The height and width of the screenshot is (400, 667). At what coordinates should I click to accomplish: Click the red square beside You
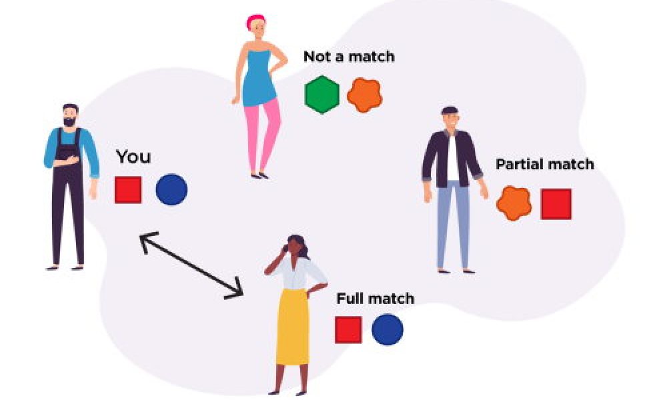click(128, 190)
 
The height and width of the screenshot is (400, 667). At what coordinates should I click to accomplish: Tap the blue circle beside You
click(171, 189)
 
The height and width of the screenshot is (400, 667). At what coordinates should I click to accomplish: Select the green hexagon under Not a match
click(322, 95)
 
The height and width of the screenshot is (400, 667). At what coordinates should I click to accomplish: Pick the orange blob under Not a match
click(365, 95)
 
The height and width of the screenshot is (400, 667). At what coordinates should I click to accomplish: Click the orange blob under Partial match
click(514, 203)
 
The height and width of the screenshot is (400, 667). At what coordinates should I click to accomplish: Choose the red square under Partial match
click(556, 204)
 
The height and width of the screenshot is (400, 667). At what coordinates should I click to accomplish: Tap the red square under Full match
click(348, 330)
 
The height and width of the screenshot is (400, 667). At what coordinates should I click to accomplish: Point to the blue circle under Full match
click(388, 329)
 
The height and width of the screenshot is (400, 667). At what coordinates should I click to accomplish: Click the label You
click(133, 157)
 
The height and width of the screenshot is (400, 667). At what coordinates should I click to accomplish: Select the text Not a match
click(349, 57)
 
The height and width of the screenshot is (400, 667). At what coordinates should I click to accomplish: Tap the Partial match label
click(545, 164)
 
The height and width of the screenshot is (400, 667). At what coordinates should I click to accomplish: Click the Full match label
click(375, 299)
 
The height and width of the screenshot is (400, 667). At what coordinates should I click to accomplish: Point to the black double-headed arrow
click(191, 265)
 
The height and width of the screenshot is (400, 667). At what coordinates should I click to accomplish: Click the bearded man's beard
click(70, 121)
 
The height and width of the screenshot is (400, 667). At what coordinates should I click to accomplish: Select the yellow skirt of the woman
click(293, 327)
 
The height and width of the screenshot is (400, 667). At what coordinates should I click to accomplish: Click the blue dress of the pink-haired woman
click(259, 79)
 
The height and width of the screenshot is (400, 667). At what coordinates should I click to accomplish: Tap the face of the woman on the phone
click(294, 247)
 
